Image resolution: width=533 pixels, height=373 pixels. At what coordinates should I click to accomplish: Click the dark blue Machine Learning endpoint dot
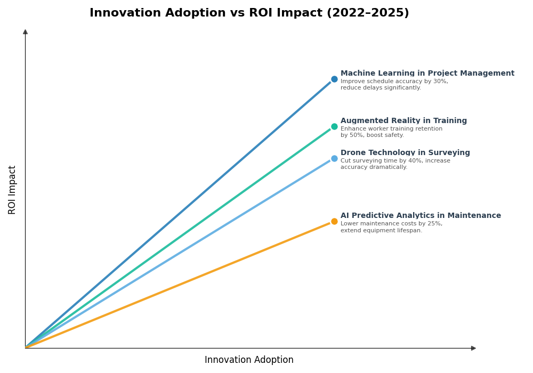point(334,79)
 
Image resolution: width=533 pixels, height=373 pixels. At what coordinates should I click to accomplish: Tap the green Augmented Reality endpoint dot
point(334,127)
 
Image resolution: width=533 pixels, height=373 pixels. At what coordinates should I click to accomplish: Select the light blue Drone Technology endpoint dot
point(334,159)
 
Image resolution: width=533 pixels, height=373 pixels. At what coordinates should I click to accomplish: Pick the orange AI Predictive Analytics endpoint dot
point(334,222)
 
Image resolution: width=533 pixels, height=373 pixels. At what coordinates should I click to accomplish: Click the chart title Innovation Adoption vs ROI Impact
point(249,13)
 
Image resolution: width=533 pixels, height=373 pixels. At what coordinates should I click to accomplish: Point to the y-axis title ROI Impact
point(12,190)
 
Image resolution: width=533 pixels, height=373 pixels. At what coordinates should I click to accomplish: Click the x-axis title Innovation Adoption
point(249,360)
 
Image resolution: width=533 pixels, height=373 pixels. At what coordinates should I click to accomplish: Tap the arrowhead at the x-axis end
point(473,348)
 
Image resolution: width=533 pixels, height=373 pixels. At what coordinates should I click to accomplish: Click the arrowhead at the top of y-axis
point(25,32)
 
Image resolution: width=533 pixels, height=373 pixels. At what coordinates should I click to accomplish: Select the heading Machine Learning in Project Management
point(427,74)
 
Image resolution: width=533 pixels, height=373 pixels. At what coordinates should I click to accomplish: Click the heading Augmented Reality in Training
point(403,121)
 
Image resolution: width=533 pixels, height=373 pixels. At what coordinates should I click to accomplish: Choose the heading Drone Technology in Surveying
point(405,153)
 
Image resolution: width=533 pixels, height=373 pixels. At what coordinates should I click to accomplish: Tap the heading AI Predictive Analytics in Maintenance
point(421,216)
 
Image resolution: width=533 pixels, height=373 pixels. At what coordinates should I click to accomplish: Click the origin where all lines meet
point(26,348)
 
